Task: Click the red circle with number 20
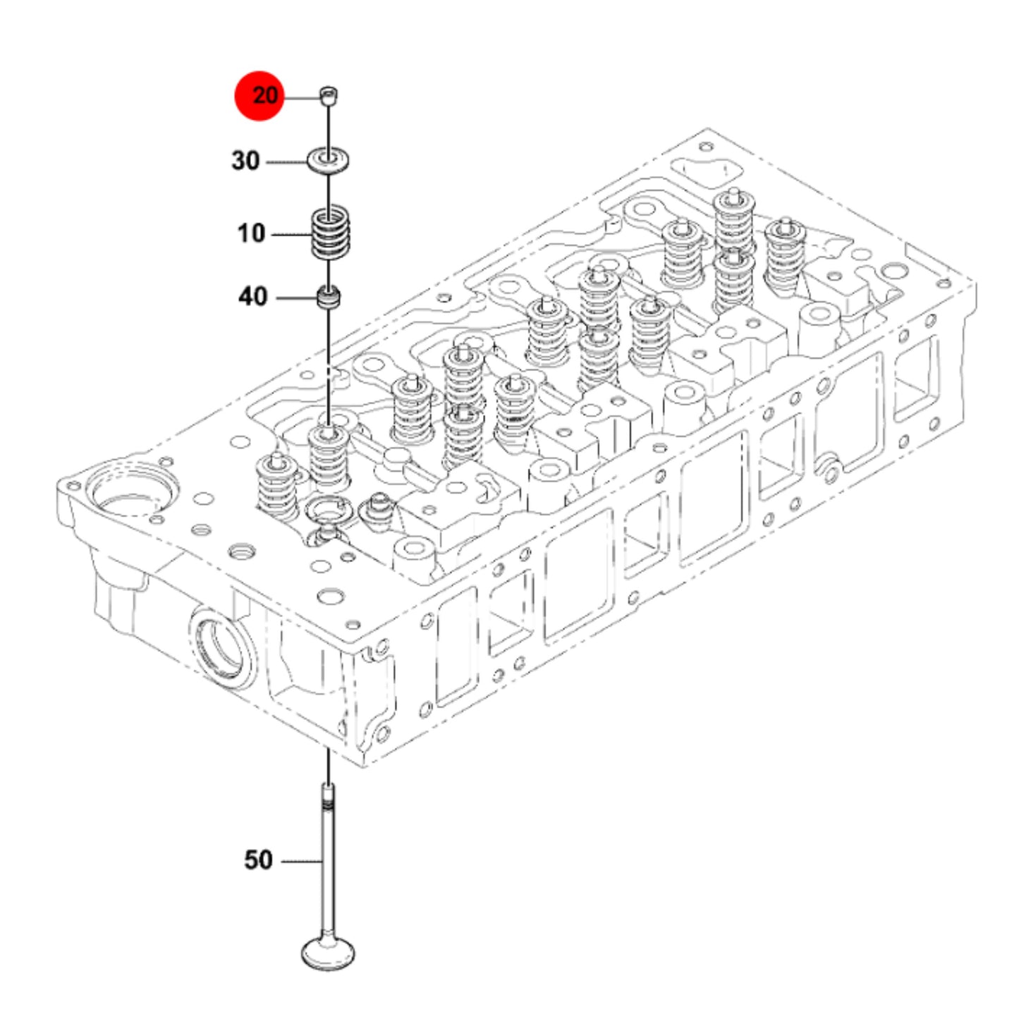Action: [x=260, y=96]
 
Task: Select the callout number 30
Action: [x=246, y=161]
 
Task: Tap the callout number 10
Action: [x=251, y=233]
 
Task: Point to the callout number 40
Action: [x=252, y=297]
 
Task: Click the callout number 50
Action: [x=258, y=860]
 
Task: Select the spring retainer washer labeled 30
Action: [x=329, y=161]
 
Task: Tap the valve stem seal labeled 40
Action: [x=329, y=297]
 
